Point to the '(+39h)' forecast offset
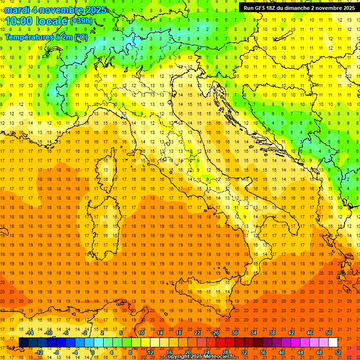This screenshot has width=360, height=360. pos(81,21)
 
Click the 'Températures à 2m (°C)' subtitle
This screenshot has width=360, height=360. pos(46,37)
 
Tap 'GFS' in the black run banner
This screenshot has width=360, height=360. pos(262,7)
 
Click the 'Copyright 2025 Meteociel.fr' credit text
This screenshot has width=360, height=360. pos(199,357)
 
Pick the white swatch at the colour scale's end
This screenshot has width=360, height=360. pos(333,342)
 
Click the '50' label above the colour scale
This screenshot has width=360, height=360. pos(328,333)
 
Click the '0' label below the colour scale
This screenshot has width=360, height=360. pos(93,352)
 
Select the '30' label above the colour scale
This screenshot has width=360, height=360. pos(234,333)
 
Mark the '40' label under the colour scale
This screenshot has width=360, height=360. pos(282,352)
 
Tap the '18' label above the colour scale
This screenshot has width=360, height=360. pos(178,333)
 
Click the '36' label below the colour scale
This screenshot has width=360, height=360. pos(263,352)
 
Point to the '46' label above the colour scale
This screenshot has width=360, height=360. pos(309,333)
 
